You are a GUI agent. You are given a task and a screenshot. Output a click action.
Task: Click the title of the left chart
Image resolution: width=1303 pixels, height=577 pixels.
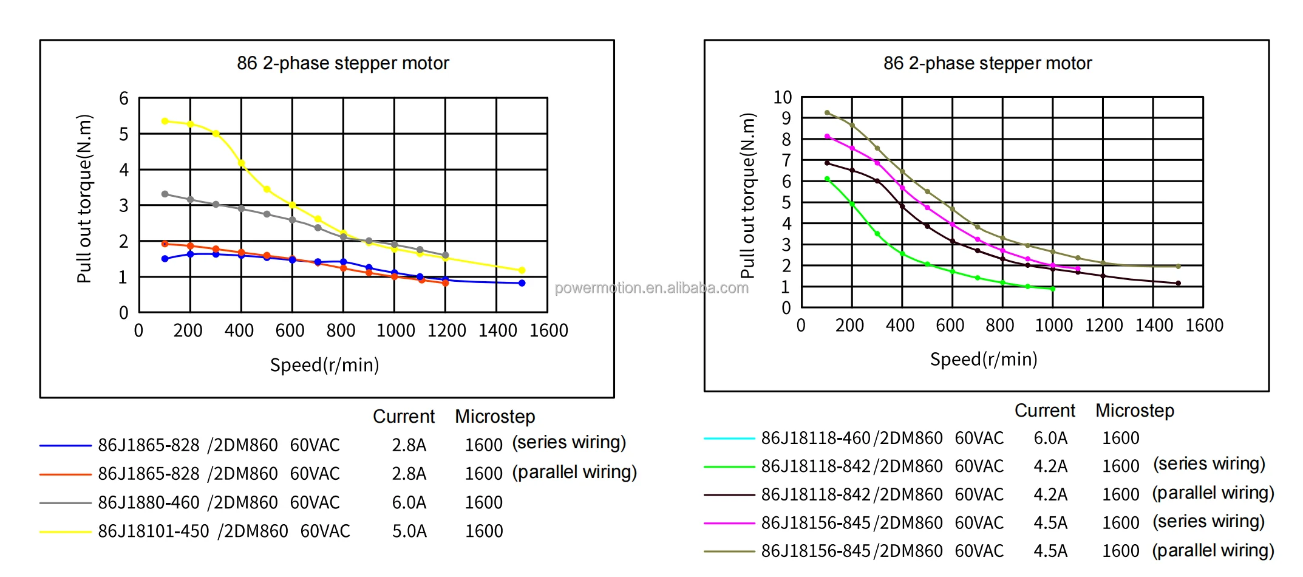[343, 63]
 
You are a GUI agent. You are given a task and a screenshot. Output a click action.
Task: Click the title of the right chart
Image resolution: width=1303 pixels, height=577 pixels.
[987, 63]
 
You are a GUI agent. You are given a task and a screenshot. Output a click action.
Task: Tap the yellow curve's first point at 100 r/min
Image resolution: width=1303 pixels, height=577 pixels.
[165, 121]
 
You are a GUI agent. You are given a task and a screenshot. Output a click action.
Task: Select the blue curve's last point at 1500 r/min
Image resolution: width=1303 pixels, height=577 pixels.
[522, 283]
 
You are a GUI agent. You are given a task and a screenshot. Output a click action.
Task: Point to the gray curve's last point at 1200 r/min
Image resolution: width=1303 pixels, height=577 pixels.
[446, 255]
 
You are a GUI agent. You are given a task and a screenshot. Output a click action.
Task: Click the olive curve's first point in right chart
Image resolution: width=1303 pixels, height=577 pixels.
[827, 112]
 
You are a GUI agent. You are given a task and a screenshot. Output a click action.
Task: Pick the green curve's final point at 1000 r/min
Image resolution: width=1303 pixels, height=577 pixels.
[1052, 289]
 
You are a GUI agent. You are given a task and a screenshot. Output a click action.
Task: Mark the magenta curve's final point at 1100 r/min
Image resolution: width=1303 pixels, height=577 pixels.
[1078, 268]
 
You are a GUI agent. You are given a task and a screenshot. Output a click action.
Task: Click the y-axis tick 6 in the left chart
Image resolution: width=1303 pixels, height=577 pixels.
[124, 98]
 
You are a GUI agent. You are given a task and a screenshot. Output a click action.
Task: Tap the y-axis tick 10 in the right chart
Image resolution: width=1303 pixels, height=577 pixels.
[783, 97]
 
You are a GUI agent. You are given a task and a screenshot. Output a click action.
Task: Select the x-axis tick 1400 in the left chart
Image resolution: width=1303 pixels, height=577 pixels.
[498, 330]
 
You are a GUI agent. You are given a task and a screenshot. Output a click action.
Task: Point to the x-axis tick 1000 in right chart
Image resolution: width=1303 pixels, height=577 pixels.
[1053, 326]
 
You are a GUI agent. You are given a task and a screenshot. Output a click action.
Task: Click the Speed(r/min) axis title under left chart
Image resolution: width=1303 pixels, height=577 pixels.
[325, 365]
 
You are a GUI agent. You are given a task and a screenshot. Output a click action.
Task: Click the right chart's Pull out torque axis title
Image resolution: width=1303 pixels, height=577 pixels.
[748, 196]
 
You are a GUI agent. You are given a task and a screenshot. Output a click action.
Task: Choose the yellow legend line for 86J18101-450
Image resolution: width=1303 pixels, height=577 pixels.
[65, 531]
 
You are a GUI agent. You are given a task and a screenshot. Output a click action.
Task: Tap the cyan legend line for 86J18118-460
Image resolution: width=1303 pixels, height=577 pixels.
[729, 438]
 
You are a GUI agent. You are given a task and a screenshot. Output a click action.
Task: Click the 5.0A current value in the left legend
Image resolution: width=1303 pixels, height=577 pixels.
[409, 531]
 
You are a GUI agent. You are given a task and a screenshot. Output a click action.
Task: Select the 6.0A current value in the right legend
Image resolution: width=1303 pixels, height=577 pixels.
[1050, 438]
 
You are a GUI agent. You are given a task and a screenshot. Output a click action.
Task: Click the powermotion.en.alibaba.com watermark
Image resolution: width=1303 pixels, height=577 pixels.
[651, 288]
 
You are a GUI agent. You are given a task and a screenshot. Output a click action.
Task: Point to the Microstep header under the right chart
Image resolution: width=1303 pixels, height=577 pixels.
[1135, 411]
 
